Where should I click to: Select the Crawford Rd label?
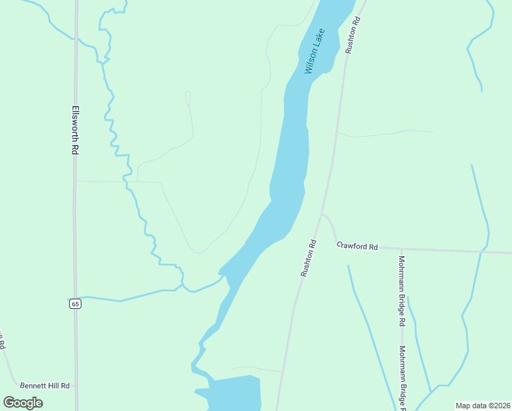[x=357, y=245]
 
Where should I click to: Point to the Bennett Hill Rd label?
[x=45, y=386]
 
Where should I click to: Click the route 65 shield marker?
[x=75, y=303]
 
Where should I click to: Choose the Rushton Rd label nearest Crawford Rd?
[x=308, y=258]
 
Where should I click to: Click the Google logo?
[x=23, y=402]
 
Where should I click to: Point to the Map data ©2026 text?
[x=483, y=406]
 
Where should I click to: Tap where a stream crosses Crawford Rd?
[x=484, y=251]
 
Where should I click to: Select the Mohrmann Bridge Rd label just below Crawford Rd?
[x=402, y=291]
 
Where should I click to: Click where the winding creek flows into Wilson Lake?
[x=222, y=276]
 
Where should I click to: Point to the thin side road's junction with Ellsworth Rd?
[x=76, y=182]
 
